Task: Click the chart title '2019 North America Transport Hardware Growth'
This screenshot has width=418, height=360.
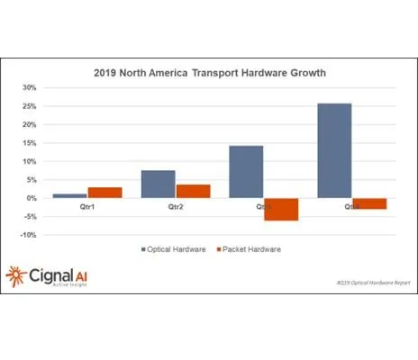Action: [x=209, y=73]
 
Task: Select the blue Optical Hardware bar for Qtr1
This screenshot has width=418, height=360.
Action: [x=69, y=195]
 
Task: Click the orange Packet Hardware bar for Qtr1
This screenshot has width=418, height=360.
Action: [x=104, y=193]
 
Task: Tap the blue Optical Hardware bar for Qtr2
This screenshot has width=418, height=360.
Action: [x=158, y=184]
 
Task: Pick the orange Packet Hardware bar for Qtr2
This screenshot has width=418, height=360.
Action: [x=193, y=191]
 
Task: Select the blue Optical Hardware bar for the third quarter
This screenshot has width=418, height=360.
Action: [x=246, y=172]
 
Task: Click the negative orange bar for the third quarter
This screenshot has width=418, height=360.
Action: [x=281, y=209]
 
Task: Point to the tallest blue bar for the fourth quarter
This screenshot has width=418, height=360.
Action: [x=334, y=150]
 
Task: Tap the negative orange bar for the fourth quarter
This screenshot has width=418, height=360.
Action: [x=369, y=203]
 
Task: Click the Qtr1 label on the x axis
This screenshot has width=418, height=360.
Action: [x=86, y=206]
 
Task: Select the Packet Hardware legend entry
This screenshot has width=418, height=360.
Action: [x=249, y=247]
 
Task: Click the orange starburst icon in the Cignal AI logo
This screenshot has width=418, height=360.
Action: [x=17, y=275]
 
